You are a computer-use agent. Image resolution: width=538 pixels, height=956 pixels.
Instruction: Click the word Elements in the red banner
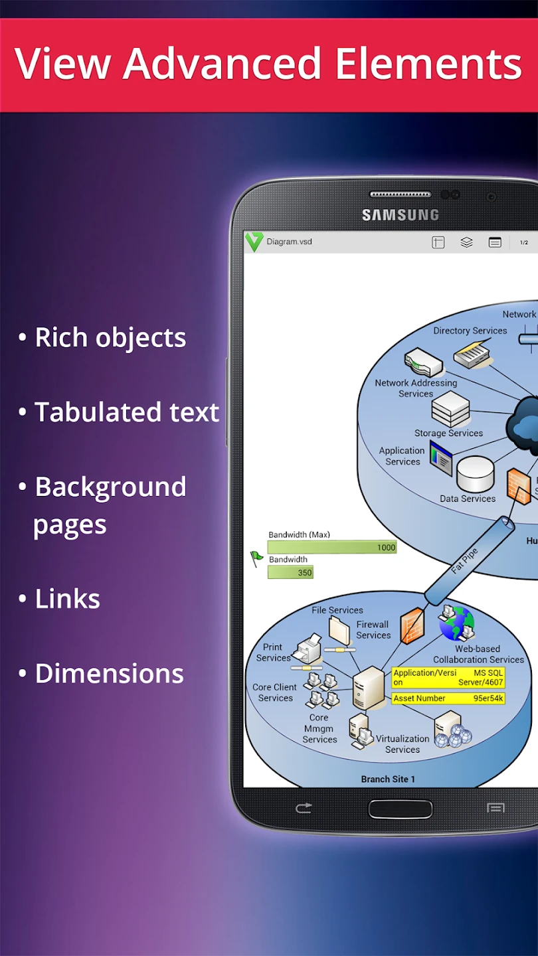pyautogui.click(x=428, y=64)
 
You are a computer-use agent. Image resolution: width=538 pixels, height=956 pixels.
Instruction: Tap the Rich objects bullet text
pyautogui.click(x=110, y=338)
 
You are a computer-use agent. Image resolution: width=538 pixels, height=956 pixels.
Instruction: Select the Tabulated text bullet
pyautogui.click(x=126, y=412)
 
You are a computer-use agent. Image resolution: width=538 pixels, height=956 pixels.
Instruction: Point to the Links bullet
pyautogui.click(x=67, y=599)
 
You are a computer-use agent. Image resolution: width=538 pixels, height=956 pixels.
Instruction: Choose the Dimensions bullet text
pyautogui.click(x=109, y=673)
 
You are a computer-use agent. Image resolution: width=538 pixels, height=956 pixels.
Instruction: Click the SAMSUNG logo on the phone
pyautogui.click(x=400, y=215)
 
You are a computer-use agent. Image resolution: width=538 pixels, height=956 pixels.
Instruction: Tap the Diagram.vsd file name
pyautogui.click(x=289, y=242)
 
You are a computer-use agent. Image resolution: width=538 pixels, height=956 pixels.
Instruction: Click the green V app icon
pyautogui.click(x=254, y=242)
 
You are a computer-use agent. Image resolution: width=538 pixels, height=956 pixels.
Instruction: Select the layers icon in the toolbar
pyautogui.click(x=466, y=242)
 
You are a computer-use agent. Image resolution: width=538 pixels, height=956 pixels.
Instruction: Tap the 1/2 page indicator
pyautogui.click(x=524, y=242)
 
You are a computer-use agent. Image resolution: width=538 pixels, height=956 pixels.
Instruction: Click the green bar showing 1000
pyautogui.click(x=332, y=547)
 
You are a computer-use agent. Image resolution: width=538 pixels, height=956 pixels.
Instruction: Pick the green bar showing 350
pyautogui.click(x=290, y=572)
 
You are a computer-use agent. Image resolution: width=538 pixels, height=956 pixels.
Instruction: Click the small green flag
pyautogui.click(x=256, y=558)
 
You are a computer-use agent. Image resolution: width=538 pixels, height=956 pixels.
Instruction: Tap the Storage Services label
pyautogui.click(x=448, y=433)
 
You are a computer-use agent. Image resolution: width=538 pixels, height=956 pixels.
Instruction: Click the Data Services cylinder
pyautogui.click(x=476, y=473)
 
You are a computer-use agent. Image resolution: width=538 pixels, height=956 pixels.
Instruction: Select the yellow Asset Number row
pyautogui.click(x=448, y=698)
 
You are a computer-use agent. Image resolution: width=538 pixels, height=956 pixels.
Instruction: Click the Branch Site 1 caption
pyautogui.click(x=388, y=779)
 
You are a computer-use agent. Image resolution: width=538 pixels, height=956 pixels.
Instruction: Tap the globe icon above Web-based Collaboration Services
pyautogui.click(x=456, y=623)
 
